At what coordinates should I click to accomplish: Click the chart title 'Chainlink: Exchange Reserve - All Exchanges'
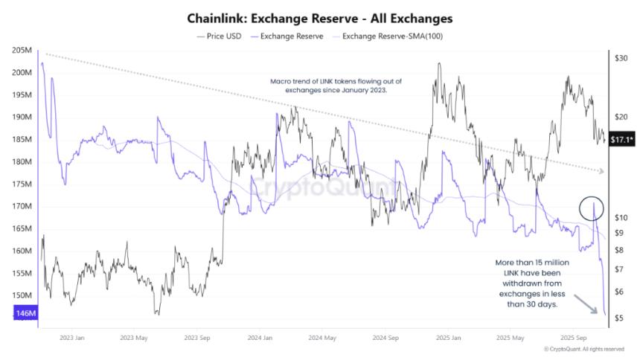tap(319, 17)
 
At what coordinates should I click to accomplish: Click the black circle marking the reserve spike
tap(592, 210)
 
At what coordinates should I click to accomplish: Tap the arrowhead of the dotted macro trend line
tap(604, 171)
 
